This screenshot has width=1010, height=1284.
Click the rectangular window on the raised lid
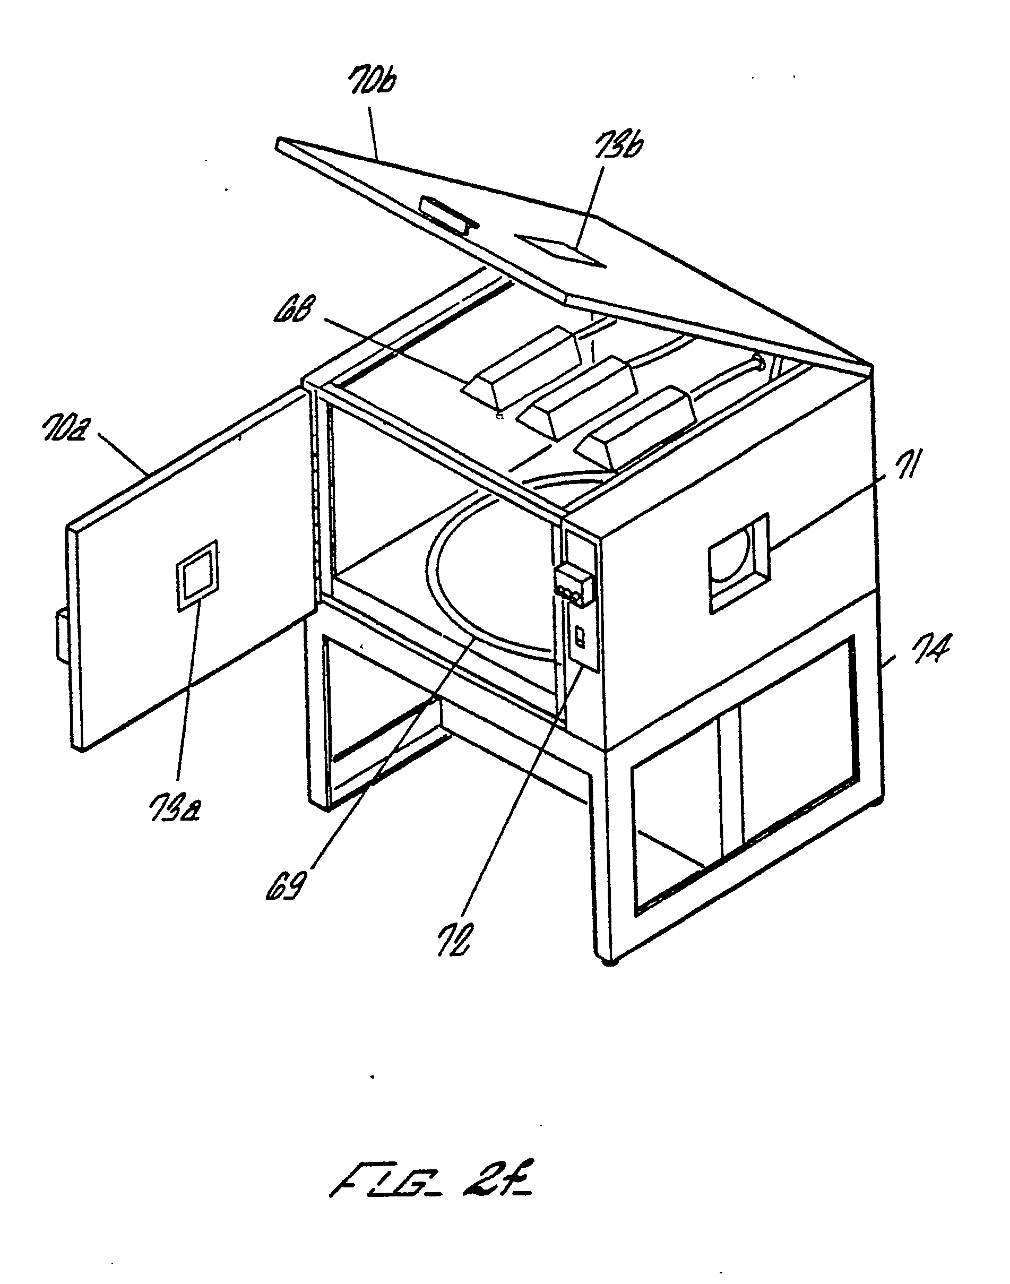coord(561,251)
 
